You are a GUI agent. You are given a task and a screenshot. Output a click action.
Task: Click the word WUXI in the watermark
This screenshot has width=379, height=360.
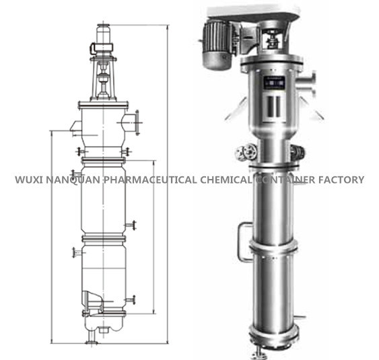[x=28, y=180]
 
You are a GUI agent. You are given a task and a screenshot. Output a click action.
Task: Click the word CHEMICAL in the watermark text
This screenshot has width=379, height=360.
[x=225, y=180]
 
